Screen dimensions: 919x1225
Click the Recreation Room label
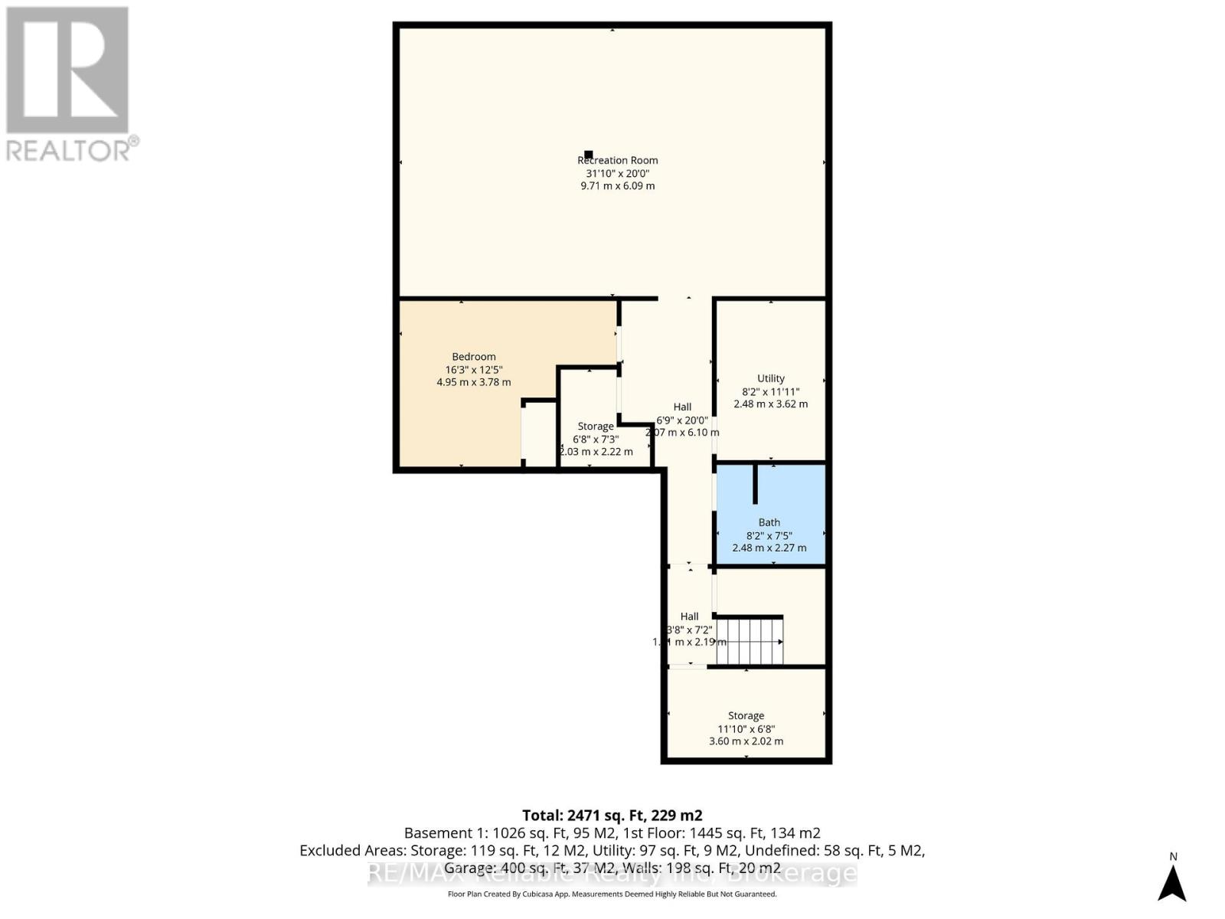click(x=617, y=160)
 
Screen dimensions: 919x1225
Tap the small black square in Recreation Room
click(x=588, y=155)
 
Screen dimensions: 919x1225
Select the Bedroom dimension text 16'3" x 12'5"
click(x=474, y=369)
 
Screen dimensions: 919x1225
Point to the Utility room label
click(x=770, y=378)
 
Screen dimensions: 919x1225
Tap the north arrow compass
click(x=1171, y=881)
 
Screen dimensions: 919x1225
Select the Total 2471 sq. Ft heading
click(x=612, y=815)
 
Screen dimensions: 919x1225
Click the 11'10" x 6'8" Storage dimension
click(x=746, y=728)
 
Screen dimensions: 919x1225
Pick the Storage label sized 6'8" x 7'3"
click(x=596, y=427)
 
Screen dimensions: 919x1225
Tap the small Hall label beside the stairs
click(x=689, y=616)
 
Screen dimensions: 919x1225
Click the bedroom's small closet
click(x=539, y=433)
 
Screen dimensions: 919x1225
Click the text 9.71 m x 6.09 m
click(x=617, y=186)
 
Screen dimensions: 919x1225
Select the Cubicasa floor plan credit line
click(x=612, y=894)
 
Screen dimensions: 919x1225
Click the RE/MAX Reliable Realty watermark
click(x=612, y=873)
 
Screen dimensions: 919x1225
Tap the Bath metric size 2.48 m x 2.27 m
click(x=769, y=548)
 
